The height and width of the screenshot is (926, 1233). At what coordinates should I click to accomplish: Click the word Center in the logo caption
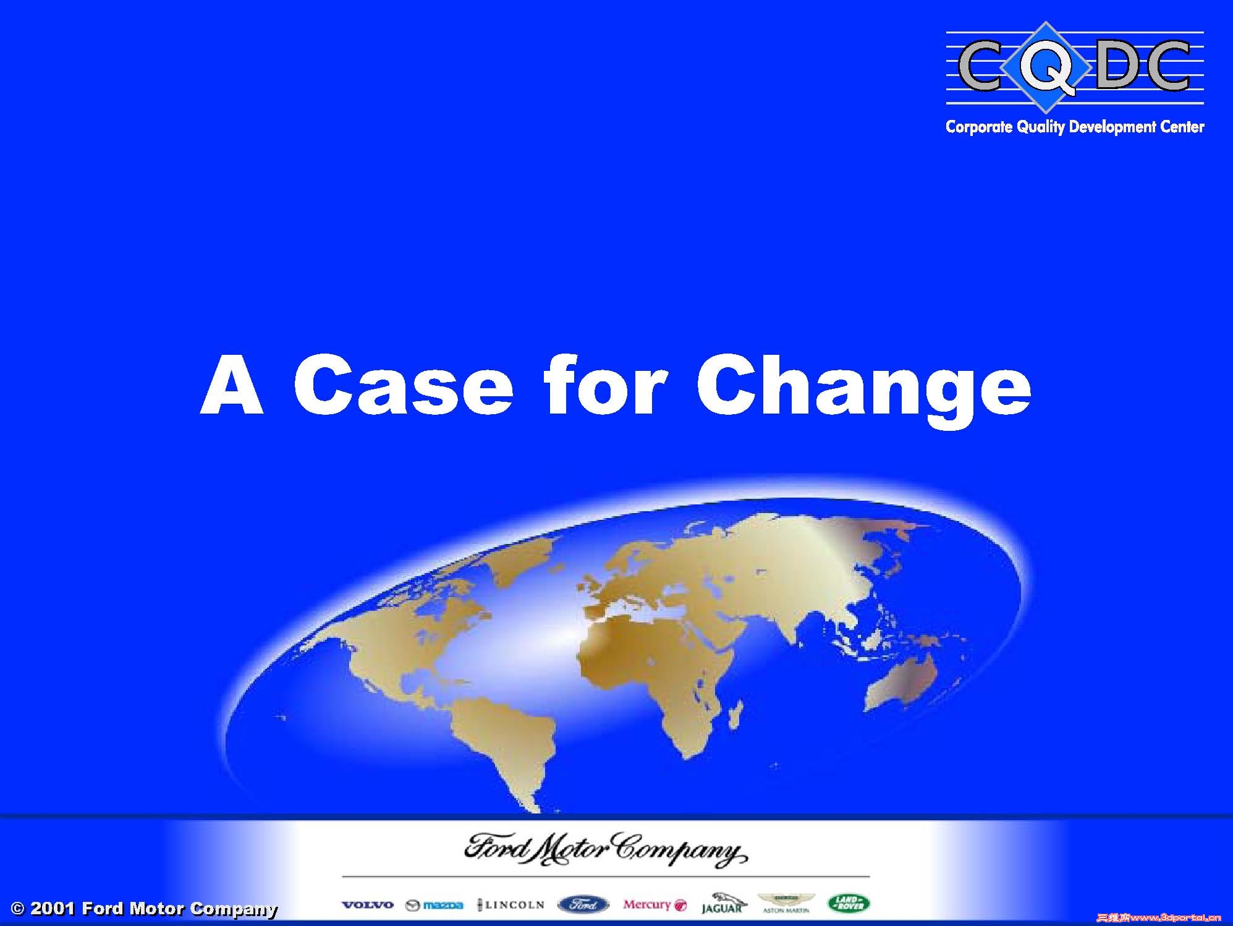1180,127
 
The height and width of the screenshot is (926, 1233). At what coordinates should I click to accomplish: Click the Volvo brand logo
367,905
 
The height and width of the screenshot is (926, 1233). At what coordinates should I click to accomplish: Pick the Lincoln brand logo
511,905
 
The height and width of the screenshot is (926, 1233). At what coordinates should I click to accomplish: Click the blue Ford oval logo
583,905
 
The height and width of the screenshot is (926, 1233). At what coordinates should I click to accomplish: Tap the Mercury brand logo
655,905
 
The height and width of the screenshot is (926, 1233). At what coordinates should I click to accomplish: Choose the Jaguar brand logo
722,904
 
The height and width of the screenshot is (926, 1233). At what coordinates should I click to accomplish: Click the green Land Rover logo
849,904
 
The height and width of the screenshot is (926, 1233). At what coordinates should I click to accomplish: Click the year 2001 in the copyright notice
53,909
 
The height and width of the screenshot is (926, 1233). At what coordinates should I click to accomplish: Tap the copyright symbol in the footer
18,909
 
